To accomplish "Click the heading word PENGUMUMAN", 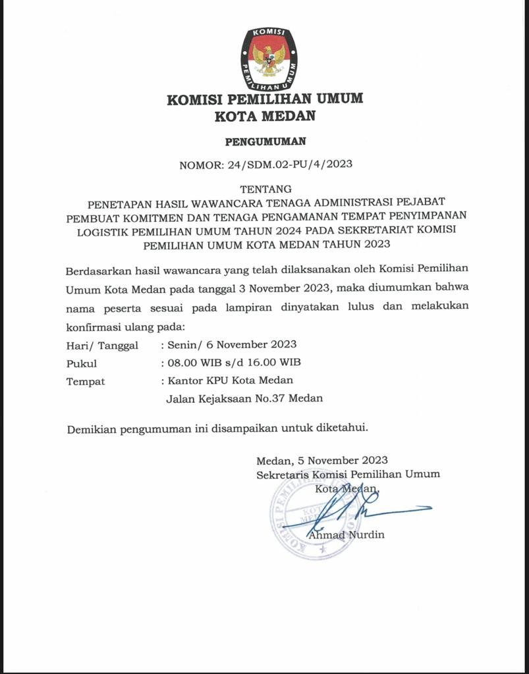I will pos(265,141).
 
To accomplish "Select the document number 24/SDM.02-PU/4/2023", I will pos(290,165).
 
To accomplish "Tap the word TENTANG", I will pos(265,189).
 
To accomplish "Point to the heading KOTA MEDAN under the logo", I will pos(265,117).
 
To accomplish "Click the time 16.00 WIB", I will pos(273,363).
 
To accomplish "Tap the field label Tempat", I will pos(86,381).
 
